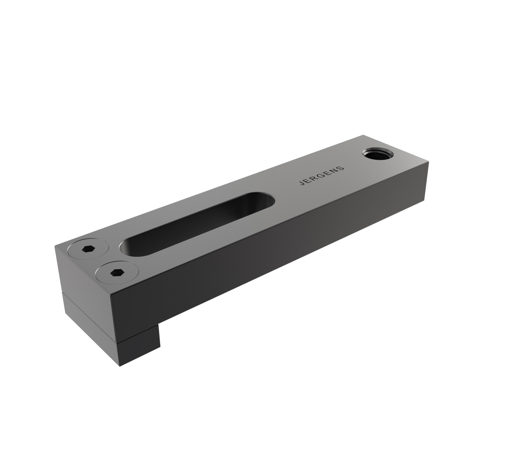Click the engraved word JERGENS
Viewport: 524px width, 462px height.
point(321,176)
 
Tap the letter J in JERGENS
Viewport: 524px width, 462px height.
point(302,184)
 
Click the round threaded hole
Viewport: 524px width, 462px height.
point(377,155)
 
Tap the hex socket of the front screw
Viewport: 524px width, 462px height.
point(115,273)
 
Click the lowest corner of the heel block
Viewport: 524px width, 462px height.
point(120,366)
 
